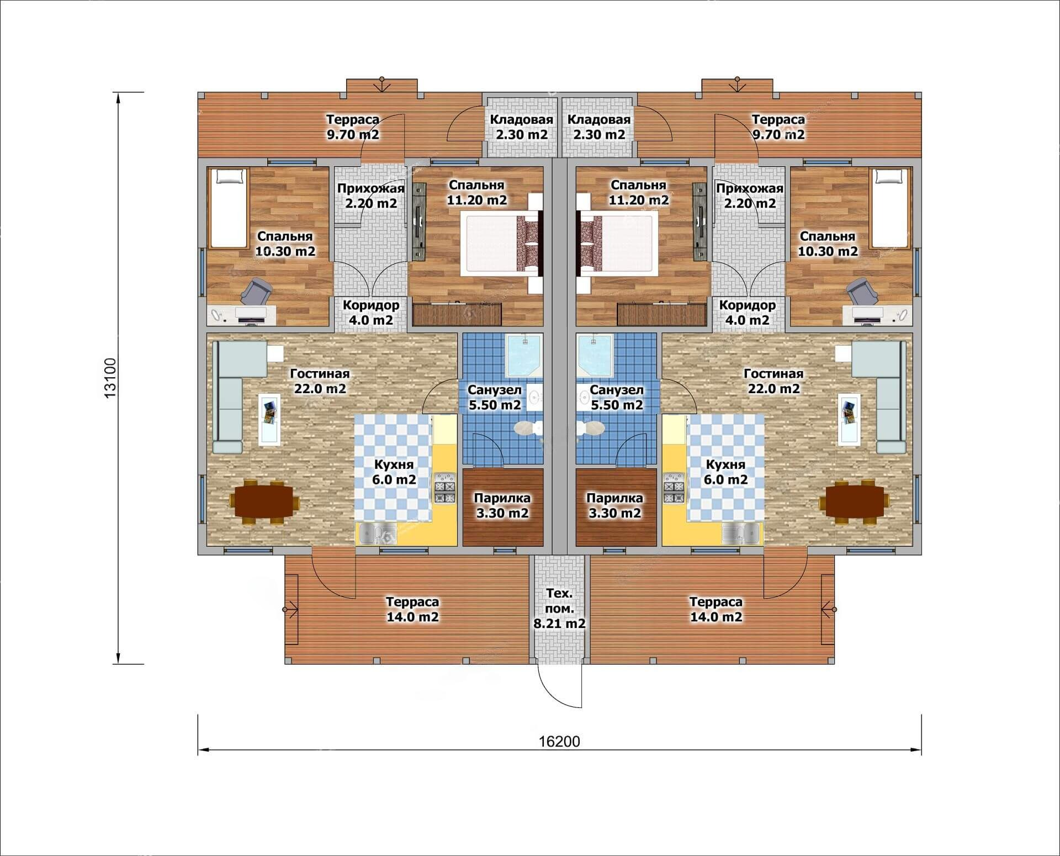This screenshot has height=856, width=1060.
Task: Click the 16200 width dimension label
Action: pos(559,741)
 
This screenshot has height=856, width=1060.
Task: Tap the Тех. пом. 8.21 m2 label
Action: pos(559,609)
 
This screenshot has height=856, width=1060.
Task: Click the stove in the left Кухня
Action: pos(444,488)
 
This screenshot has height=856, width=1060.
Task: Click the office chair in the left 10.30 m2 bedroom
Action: pos(256,291)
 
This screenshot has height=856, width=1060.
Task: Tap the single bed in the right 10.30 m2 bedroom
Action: pos(889,208)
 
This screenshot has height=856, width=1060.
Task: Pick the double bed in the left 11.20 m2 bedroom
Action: pos(500,244)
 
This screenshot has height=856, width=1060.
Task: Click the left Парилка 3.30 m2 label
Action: pos(502,505)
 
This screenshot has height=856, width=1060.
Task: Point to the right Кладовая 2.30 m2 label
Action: pos(599,127)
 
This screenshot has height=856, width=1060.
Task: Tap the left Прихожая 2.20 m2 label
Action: pos(371,195)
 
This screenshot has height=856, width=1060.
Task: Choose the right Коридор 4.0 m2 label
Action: pos(748,312)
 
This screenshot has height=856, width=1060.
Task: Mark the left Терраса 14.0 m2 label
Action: pos(412,609)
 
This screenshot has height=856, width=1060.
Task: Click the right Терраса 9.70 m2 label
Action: pos(778,127)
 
